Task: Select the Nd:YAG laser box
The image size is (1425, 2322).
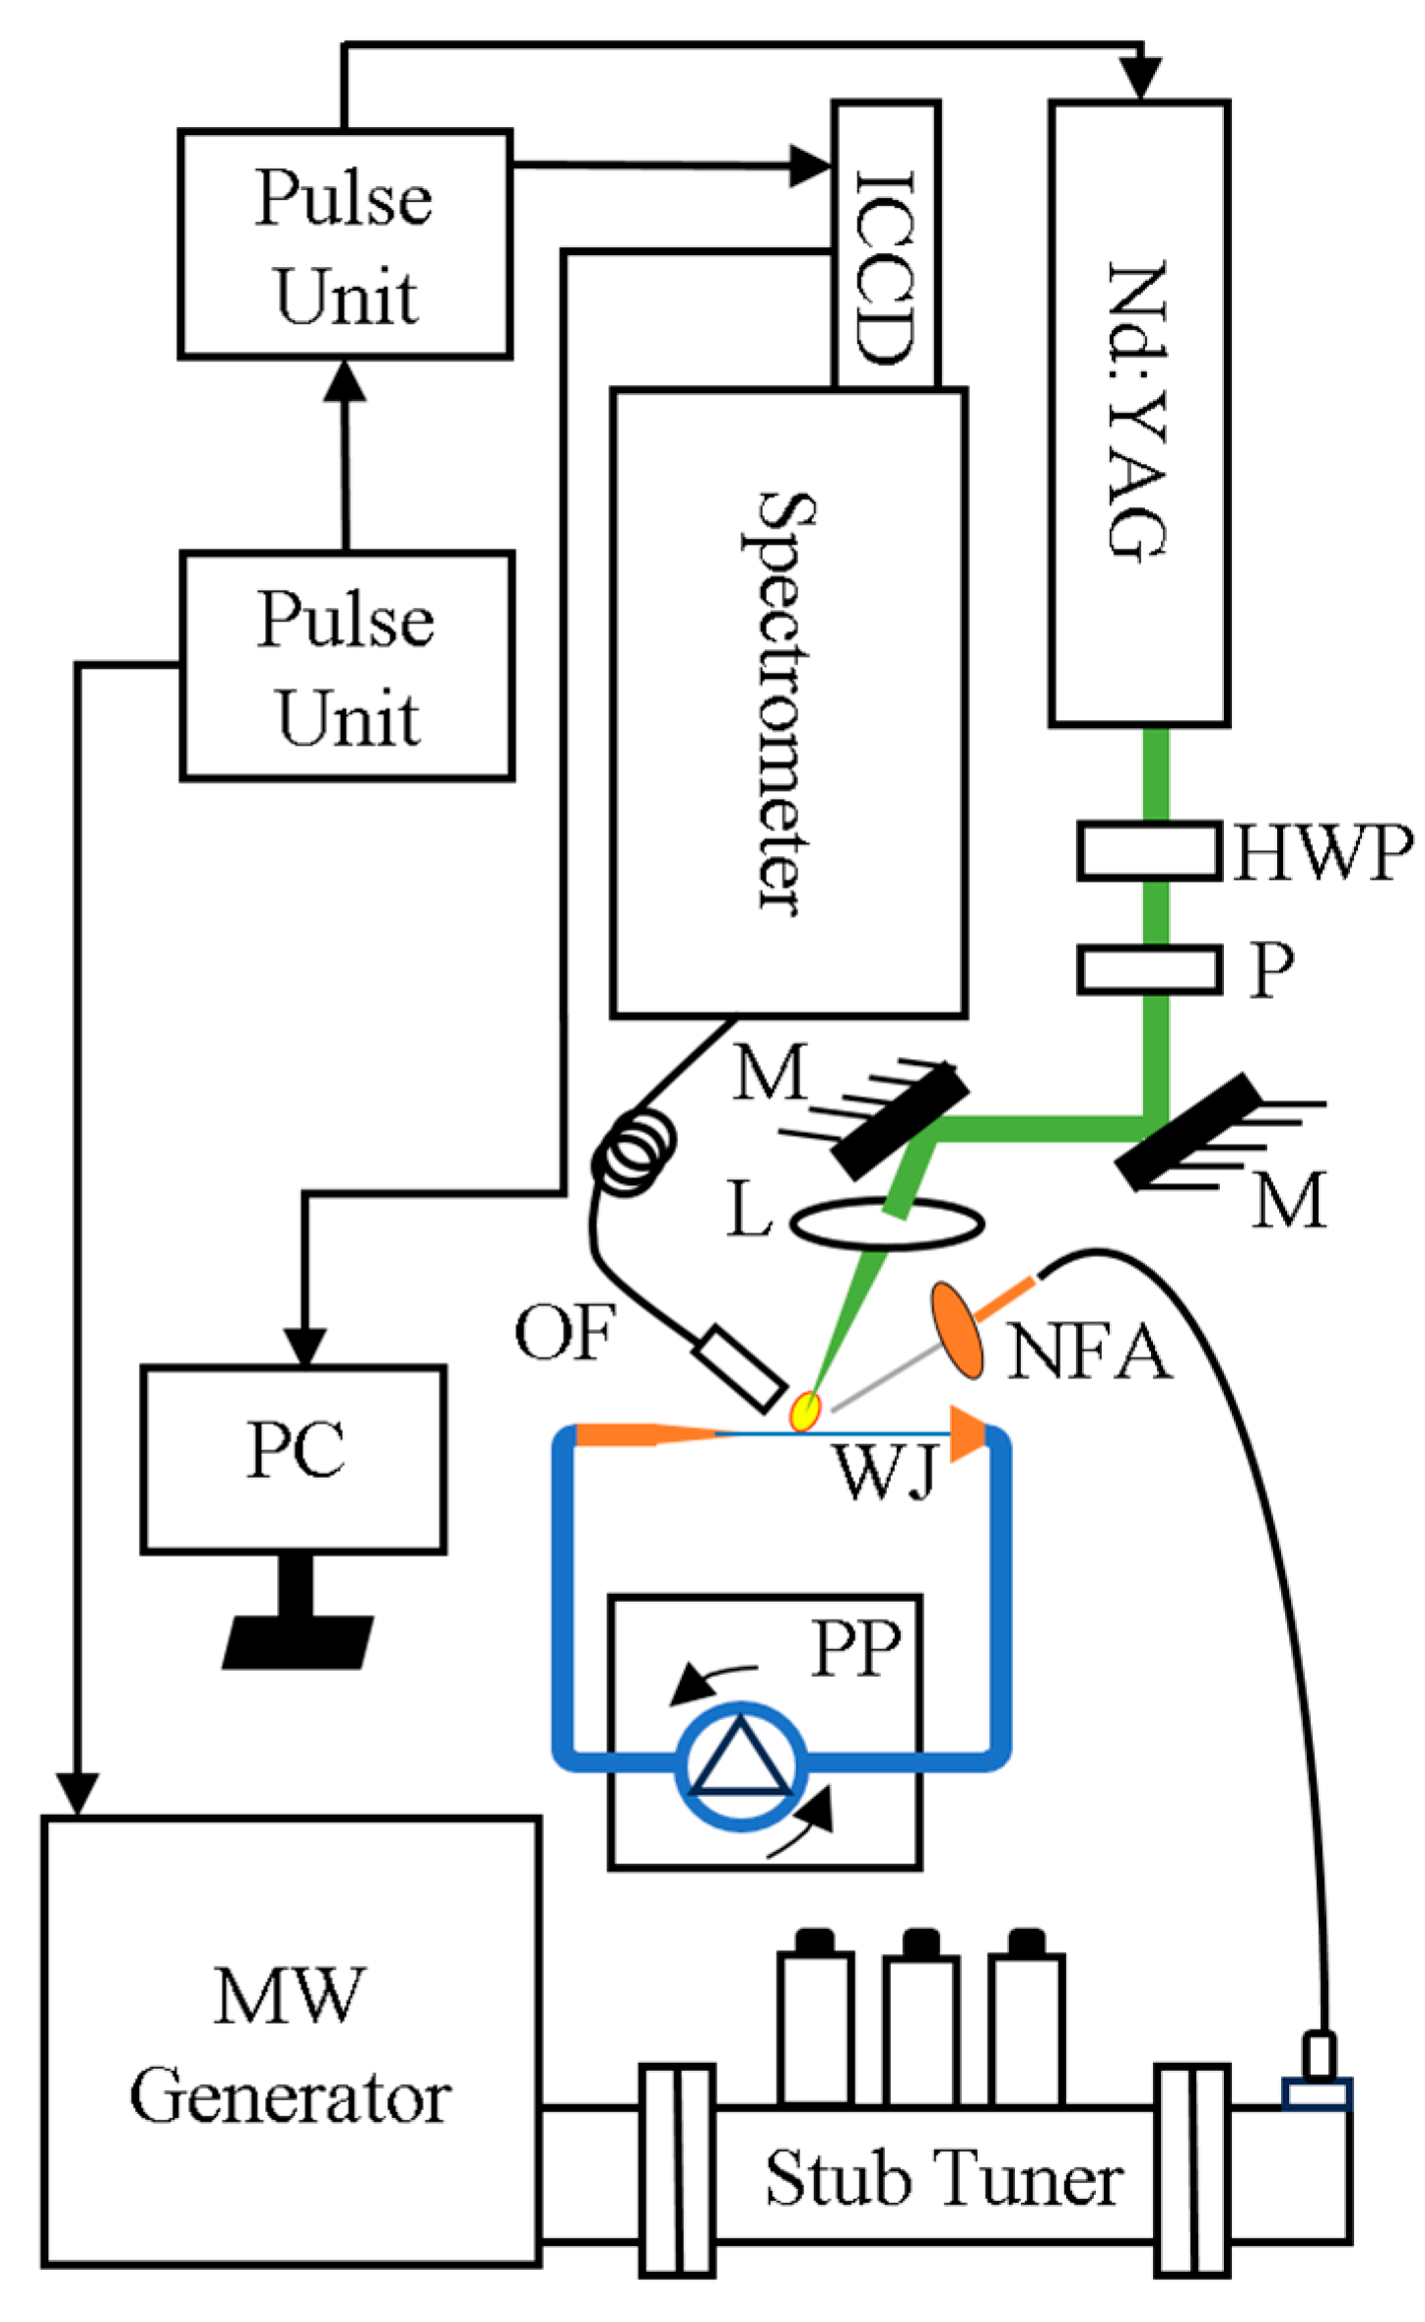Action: point(1139,414)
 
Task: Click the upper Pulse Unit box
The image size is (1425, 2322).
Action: point(345,244)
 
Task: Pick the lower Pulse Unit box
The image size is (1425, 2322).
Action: point(347,666)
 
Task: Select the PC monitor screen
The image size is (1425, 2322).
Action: point(294,1459)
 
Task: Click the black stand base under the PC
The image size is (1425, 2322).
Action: point(297,1641)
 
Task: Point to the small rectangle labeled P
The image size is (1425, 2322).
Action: point(1148,969)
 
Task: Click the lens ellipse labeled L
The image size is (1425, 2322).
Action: point(887,1224)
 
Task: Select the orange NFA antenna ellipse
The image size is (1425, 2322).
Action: point(957,1330)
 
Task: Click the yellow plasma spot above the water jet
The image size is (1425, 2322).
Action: point(807,1411)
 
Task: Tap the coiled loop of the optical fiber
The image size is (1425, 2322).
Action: point(636,1153)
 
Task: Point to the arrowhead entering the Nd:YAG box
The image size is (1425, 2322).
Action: point(1141,79)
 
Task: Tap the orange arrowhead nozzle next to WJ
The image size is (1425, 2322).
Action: point(968,1433)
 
